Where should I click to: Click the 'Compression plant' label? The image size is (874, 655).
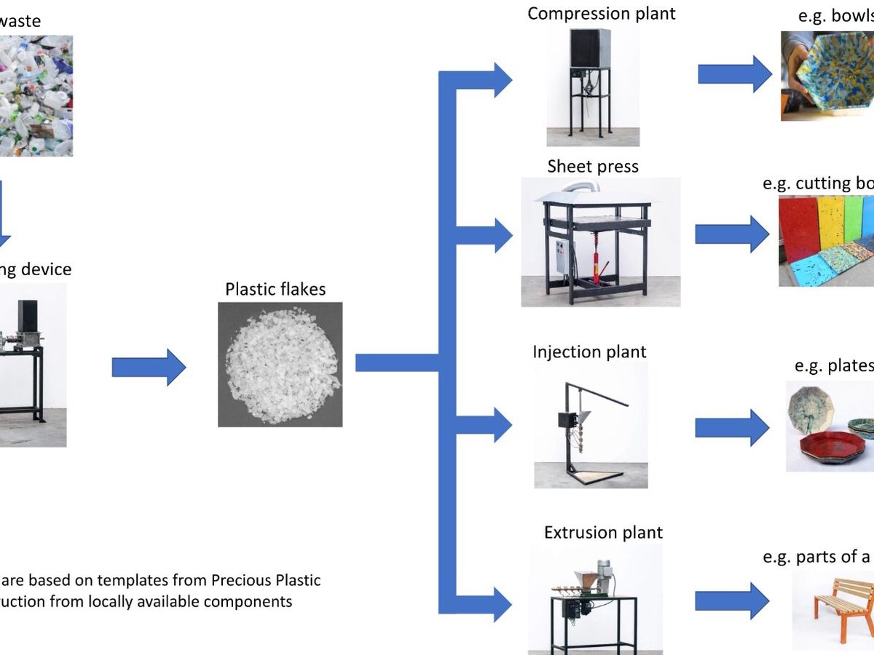click(x=601, y=14)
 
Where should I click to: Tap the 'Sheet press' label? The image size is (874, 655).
click(x=593, y=167)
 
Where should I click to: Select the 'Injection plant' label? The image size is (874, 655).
click(x=589, y=352)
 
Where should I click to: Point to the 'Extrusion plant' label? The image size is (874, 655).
click(x=603, y=533)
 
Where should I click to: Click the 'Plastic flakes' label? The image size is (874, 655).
click(x=275, y=289)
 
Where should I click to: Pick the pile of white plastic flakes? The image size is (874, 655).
click(x=280, y=364)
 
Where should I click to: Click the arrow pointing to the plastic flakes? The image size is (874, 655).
click(x=149, y=367)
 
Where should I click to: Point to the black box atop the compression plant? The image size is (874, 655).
click(x=589, y=49)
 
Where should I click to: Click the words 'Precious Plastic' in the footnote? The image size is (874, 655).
click(x=265, y=580)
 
